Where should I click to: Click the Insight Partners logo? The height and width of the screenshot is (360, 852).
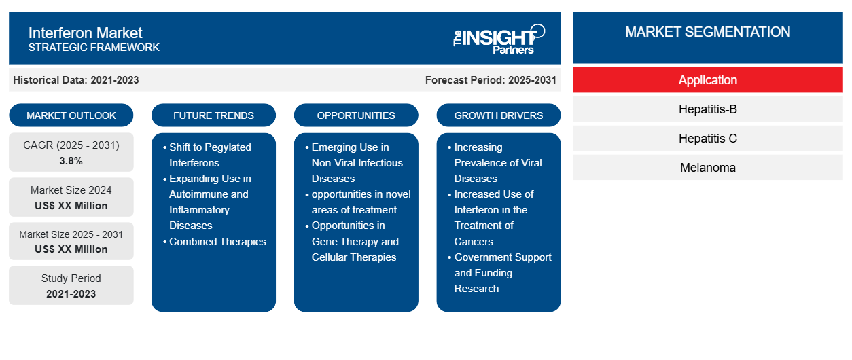(499, 39)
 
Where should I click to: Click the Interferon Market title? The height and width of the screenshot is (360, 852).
(85, 33)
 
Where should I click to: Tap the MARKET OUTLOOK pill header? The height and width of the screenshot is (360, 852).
(71, 115)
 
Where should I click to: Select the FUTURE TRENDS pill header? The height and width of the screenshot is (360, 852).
(213, 115)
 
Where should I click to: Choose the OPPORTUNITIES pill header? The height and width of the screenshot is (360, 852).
(356, 115)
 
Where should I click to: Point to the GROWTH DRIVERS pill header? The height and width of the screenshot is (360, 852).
(498, 115)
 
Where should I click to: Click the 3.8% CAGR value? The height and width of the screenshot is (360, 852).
(71, 161)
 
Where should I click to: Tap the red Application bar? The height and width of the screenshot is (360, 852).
(707, 80)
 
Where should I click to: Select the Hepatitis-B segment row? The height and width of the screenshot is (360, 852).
(707, 109)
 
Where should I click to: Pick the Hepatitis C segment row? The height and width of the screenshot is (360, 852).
(707, 139)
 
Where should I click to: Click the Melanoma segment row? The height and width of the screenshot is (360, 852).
(707, 167)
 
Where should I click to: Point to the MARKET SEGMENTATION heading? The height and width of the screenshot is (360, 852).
(707, 32)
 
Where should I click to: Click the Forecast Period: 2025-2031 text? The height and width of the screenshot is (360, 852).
(491, 80)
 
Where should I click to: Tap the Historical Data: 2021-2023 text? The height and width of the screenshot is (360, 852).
(76, 80)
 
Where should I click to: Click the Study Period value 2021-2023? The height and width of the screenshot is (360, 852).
(71, 294)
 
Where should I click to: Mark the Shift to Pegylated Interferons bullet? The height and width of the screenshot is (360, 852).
(207, 155)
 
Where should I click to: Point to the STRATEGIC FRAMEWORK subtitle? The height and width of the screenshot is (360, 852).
(94, 47)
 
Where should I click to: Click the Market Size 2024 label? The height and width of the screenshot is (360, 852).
(71, 190)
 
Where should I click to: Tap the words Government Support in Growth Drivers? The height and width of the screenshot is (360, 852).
(503, 257)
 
